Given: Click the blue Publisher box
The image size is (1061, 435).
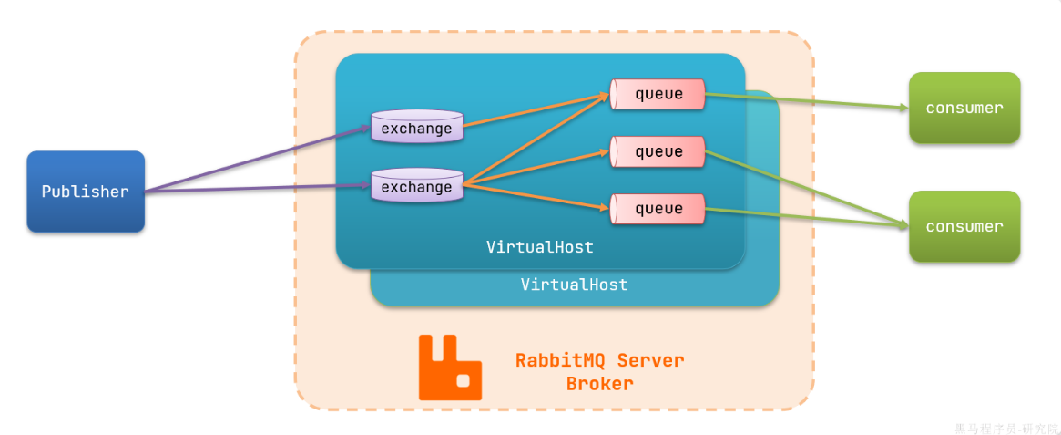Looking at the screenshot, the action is coord(86,192).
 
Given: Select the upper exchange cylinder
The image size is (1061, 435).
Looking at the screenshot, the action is coord(417,126).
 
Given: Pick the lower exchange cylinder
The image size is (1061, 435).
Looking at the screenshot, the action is coord(417,185).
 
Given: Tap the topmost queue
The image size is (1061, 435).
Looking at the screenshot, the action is coord(657,94).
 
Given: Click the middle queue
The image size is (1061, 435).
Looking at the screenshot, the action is coord(657,151).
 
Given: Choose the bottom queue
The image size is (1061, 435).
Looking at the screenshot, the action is coord(657,210).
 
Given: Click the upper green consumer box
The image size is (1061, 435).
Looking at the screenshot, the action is coord(964,108).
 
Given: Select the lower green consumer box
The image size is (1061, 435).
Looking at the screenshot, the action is coord(964,226).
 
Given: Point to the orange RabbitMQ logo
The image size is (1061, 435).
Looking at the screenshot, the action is coord(450,368).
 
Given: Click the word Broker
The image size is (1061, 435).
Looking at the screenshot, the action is coord(600,384).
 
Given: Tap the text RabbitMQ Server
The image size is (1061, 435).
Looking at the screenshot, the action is coord(600,360).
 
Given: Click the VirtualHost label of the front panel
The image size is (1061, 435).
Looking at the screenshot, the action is coord(540,246).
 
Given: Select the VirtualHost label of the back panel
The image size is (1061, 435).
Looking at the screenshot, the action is coord(575,284).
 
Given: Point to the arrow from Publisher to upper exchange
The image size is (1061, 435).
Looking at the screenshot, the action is coord(258,160).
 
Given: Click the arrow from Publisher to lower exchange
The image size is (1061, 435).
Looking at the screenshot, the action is coord(258,189).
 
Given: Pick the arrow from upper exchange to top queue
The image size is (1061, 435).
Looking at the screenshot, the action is coord(536,110).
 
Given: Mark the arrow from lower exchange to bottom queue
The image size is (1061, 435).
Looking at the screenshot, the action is coord(536,196).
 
